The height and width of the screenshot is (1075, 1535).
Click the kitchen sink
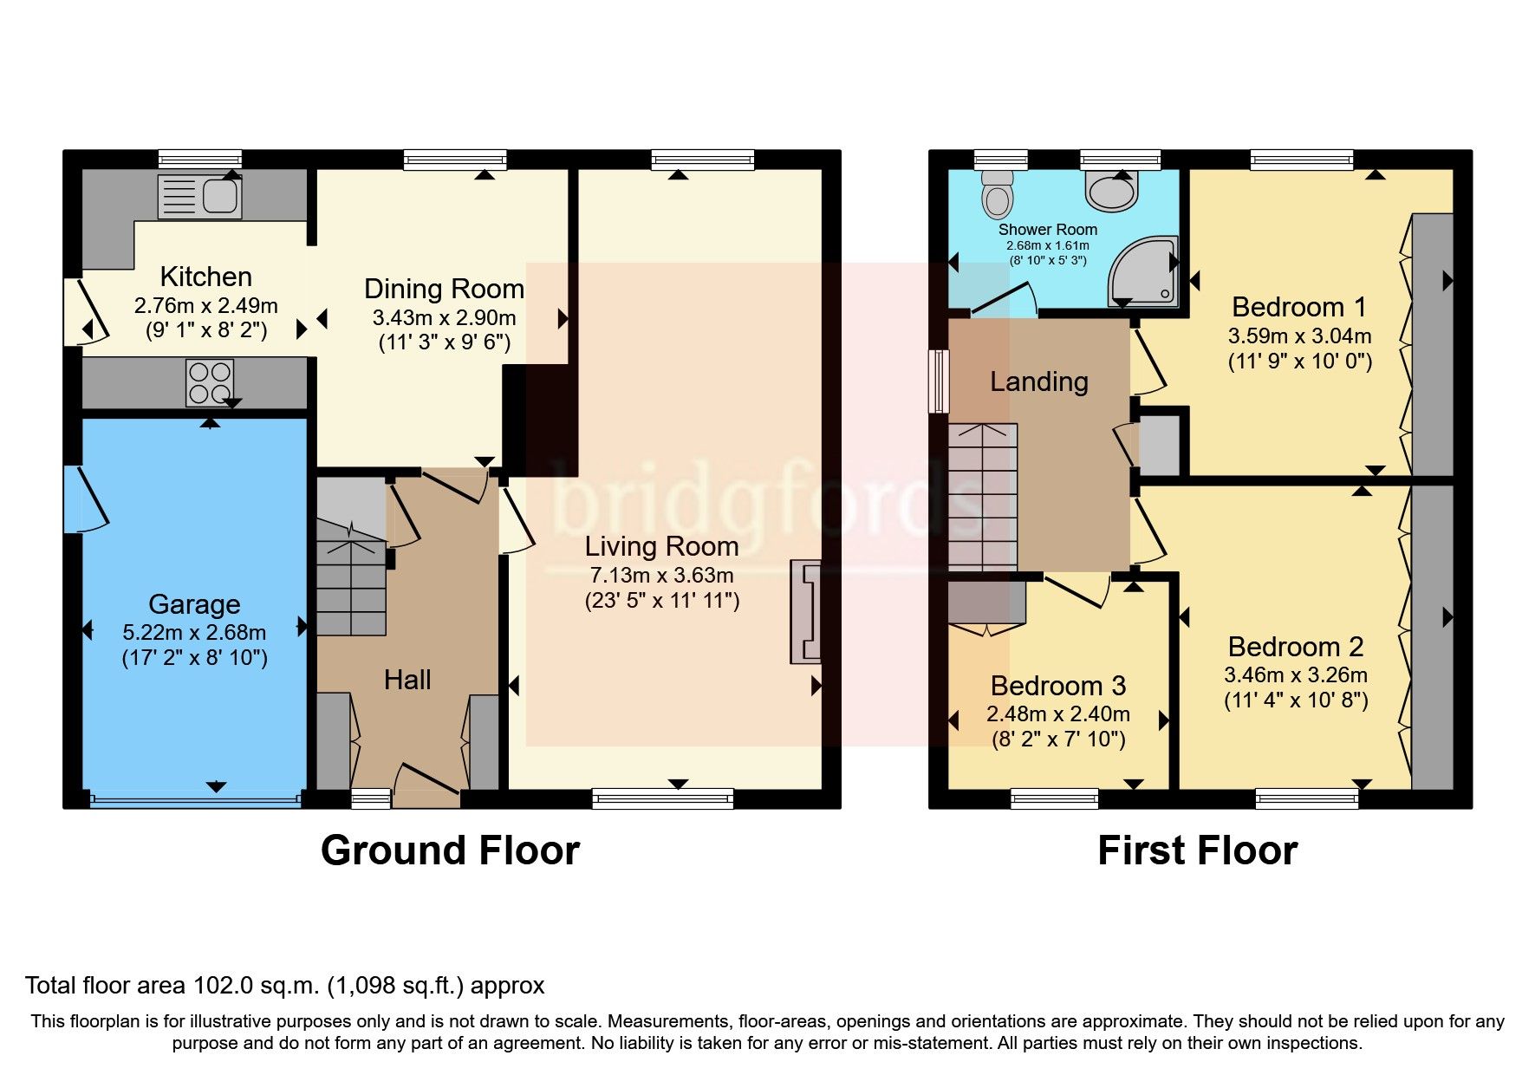[200, 197]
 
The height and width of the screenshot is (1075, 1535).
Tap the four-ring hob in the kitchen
[210, 382]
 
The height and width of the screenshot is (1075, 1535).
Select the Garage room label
[194, 604]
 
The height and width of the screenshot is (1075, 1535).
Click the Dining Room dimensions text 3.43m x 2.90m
[444, 317]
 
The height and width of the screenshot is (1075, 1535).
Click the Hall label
[407, 680]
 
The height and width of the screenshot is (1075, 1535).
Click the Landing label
[1039, 381]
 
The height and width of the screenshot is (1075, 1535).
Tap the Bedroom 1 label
[1298, 307]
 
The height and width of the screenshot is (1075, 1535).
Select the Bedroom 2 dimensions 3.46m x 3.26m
[1295, 674]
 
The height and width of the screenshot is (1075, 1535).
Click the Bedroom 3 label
[1057, 686]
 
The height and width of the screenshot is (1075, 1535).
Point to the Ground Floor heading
[450, 850]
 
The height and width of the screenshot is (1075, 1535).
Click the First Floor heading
[1197, 850]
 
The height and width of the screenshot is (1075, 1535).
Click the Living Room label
[661, 546]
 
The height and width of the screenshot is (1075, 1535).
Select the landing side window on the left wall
[938, 381]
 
